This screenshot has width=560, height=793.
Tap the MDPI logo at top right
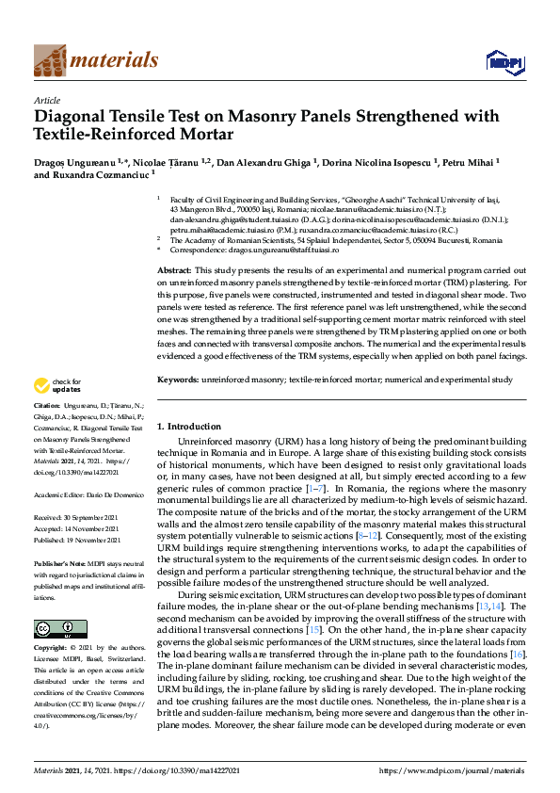point(504,62)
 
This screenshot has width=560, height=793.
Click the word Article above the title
point(46,100)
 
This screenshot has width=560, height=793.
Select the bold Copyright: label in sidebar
point(52,649)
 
